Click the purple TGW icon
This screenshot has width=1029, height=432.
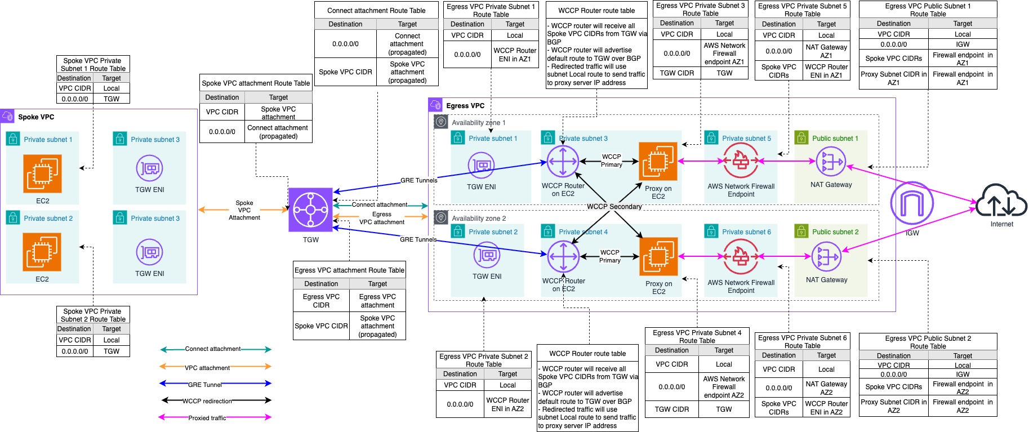(310, 210)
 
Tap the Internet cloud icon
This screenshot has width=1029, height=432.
(1001, 201)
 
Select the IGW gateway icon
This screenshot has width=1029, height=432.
(912, 203)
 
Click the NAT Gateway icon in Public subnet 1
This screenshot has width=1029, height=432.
(831, 162)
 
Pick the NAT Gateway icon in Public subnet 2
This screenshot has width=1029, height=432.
(826, 257)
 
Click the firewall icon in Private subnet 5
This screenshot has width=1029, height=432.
(741, 161)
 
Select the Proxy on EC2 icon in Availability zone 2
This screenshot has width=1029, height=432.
(658, 256)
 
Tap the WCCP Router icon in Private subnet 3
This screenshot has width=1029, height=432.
(563, 162)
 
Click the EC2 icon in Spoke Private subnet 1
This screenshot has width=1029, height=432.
(42, 173)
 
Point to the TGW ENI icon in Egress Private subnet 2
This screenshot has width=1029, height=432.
(487, 256)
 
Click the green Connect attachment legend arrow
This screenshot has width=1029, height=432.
(216, 349)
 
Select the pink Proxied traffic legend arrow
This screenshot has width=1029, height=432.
(216, 418)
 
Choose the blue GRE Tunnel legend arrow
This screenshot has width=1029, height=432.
(216, 384)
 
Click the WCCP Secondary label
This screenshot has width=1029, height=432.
(614, 207)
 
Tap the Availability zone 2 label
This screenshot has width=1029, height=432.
(478, 219)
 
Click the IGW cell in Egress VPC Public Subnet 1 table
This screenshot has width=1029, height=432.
(962, 44)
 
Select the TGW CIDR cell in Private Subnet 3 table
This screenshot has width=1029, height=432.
(676, 73)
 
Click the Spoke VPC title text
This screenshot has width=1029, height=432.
(36, 117)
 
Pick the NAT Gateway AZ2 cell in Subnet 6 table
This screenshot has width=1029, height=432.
(826, 388)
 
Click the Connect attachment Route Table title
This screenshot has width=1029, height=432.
(376, 11)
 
